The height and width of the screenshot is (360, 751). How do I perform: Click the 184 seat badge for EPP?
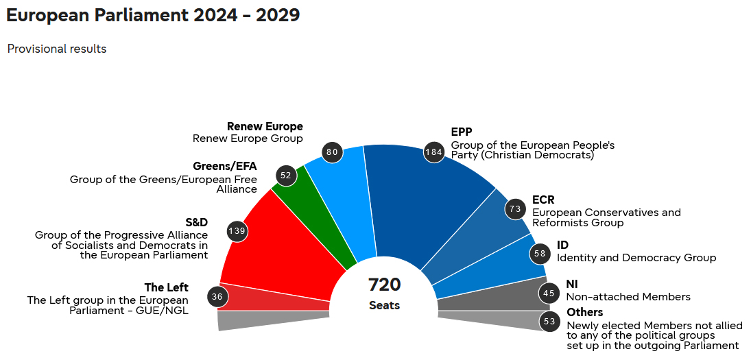coord(433,152)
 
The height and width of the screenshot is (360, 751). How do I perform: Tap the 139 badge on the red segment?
coord(237,231)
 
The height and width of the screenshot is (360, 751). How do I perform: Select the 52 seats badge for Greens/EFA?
coord(286,176)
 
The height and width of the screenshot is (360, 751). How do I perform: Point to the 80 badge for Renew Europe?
coord(332,152)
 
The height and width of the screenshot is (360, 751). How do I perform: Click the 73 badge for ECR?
coord(515,208)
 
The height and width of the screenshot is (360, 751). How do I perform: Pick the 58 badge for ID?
coord(540,254)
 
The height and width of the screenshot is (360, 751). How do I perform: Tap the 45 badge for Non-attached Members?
coord(549,293)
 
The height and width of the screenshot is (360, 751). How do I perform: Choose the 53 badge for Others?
coord(549,321)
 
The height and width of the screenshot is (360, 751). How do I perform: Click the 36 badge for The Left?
coord(217,297)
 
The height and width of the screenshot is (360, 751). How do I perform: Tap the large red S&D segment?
coord(281,247)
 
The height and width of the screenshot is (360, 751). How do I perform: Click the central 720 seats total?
coord(384,292)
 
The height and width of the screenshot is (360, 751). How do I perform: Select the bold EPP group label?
coord(462,132)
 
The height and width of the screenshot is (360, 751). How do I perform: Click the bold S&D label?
coord(196,222)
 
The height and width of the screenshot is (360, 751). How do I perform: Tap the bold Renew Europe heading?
coord(265,127)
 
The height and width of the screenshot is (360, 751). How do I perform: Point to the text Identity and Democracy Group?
coord(636,258)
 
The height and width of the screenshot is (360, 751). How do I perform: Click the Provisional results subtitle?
coord(57,49)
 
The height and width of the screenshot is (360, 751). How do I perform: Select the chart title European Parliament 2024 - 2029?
coord(153,15)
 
